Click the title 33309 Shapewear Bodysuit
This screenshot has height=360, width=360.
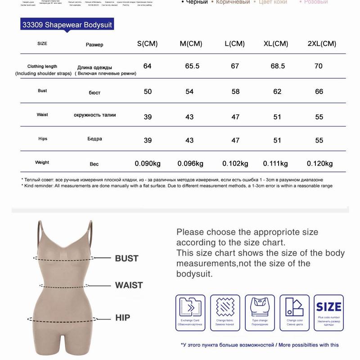tap(67, 24)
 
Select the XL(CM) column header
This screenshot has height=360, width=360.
tap(276, 44)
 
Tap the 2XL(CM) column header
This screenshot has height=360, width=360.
tap(322, 44)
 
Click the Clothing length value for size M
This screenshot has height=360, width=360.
tap(192, 66)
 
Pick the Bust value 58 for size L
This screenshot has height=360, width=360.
tap(235, 92)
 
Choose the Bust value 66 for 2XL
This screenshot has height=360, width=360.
tap(319, 92)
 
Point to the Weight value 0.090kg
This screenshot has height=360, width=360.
tap(148, 163)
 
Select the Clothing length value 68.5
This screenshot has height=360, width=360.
tap(278, 66)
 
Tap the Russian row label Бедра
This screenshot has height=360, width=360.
tap(94, 139)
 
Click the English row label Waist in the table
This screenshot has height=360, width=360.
tap(42, 115)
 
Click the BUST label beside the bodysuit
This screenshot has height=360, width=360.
tap(126, 259)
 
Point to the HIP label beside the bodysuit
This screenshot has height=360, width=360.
tap(122, 318)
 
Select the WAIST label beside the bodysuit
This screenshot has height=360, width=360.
tap(129, 285)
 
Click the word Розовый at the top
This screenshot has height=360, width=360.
tap(316, 2)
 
